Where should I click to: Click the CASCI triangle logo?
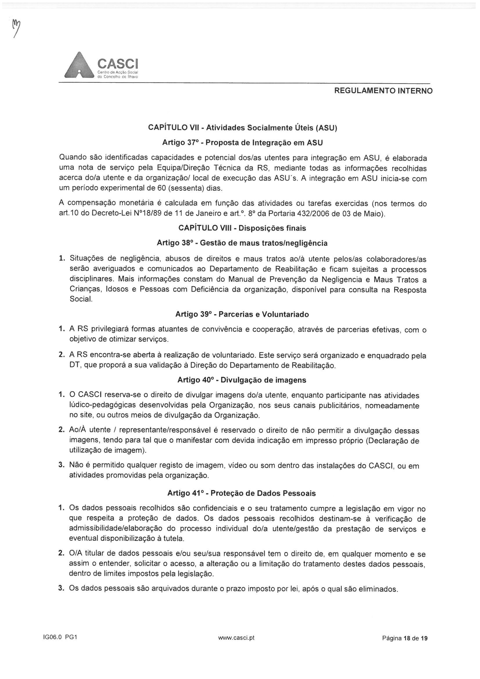pos(79,65)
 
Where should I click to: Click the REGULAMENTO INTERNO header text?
pos(383,91)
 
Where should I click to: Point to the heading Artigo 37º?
pos(242,143)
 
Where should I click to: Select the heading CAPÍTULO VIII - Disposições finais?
pos(242,228)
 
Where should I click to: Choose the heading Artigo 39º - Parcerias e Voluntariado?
pos(242,314)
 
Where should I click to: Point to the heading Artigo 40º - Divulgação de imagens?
pos(242,380)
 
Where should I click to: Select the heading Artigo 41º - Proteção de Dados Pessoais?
pos(242,493)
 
